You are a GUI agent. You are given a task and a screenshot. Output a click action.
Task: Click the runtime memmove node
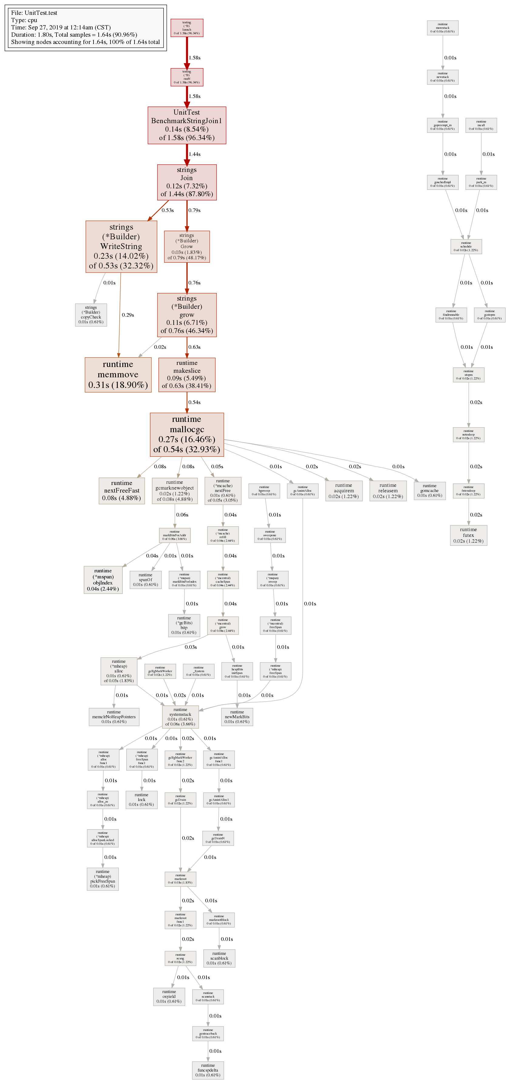coord(118,374)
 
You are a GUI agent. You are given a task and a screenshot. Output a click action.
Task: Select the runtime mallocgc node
coord(187,434)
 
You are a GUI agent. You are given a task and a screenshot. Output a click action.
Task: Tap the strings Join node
coord(187,182)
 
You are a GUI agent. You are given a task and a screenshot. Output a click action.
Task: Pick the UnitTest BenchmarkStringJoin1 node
coord(187,125)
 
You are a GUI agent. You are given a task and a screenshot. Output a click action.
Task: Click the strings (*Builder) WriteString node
coord(121,246)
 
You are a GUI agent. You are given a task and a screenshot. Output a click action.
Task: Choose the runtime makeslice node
coord(187,374)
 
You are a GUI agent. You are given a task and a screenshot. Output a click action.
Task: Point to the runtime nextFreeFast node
coord(122,490)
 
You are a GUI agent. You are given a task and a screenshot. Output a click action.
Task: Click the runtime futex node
coord(468,535)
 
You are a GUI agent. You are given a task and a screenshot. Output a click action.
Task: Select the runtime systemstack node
coord(181,717)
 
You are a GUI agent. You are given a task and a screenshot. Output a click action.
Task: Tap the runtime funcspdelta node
coord(208,1070)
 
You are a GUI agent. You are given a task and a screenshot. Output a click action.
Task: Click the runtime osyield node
coord(169,996)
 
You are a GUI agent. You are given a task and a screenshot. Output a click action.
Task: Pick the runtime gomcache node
coord(429,490)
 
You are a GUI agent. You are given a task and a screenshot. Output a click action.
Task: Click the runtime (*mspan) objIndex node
coord(103,580)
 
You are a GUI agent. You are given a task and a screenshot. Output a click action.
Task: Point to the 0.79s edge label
coord(194,210)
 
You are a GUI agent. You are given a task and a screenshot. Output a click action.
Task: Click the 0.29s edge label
coord(128,315)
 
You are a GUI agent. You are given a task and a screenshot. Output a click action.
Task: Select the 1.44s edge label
coord(194,154)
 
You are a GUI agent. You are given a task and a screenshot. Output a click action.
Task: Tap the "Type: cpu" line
coord(24,20)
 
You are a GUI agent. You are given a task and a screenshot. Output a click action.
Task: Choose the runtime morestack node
coord(442,28)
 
